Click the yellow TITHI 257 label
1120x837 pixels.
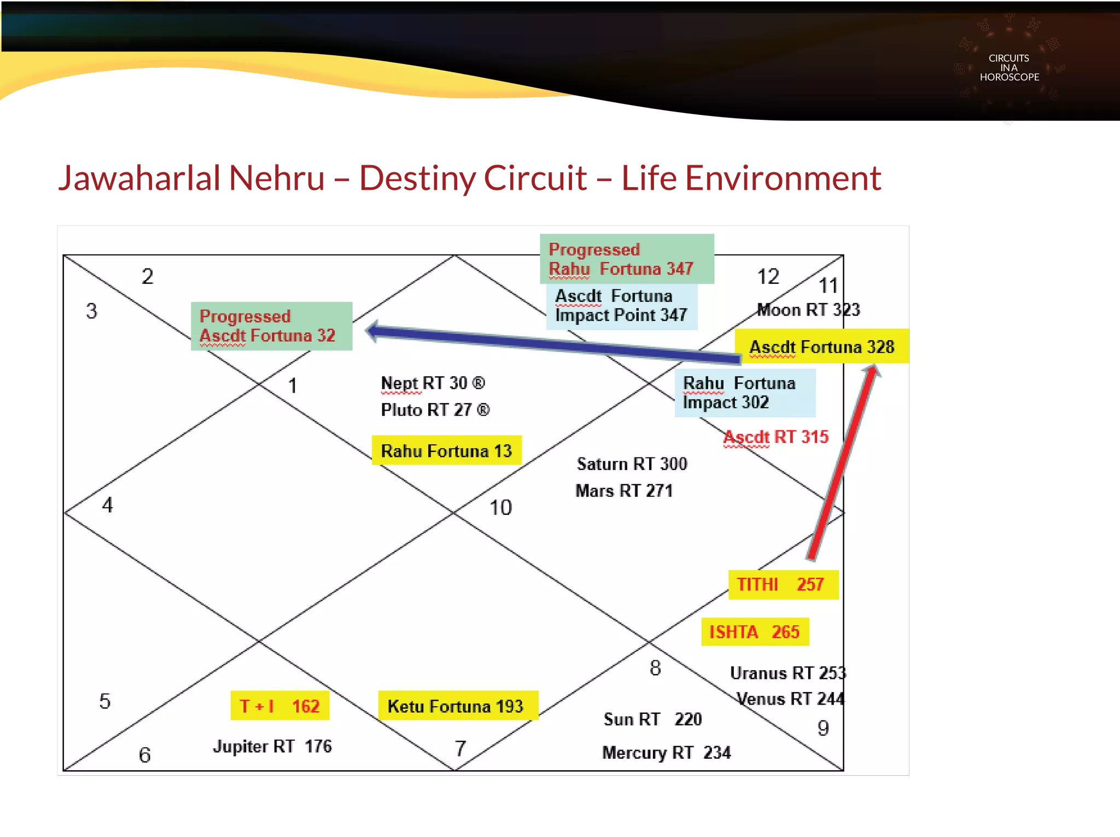point(783,584)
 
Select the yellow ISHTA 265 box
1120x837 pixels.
point(755,632)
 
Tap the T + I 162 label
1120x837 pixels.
point(279,706)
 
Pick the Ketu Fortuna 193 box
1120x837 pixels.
point(457,706)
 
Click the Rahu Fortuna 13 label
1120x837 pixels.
point(446,450)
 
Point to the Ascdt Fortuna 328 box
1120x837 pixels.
point(821,346)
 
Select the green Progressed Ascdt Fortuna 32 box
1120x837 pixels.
point(271,326)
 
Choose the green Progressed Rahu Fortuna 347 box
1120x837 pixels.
point(627,259)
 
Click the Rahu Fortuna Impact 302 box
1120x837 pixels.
point(744,393)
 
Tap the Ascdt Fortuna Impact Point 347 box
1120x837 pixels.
point(622,306)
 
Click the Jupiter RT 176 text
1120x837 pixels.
point(272,746)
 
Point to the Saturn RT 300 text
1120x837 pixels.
point(632,464)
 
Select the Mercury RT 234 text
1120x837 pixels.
point(666,753)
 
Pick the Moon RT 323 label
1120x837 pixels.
point(808,310)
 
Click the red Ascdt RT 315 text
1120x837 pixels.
point(775,437)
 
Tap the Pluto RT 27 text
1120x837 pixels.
point(435,410)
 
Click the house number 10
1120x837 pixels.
point(500,508)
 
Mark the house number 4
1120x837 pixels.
point(108,505)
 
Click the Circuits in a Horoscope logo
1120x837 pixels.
point(1009,67)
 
